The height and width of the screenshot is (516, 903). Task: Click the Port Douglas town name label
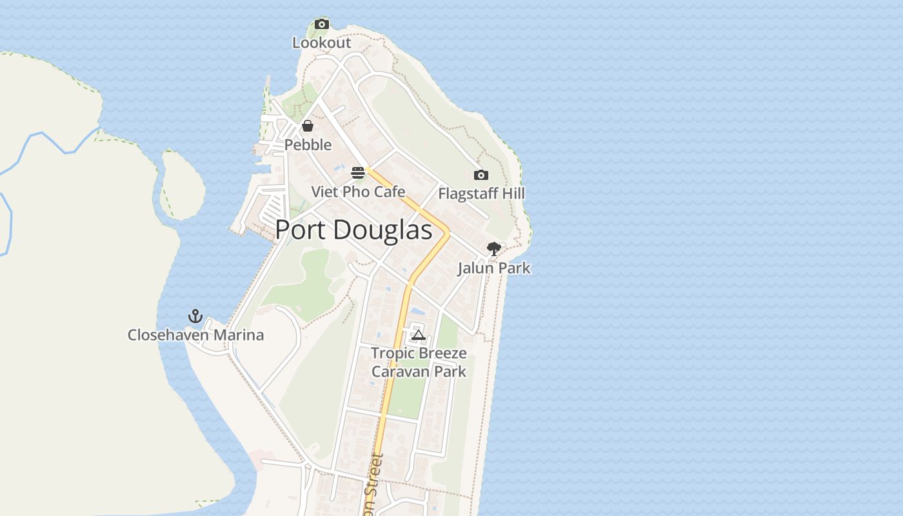(353, 230)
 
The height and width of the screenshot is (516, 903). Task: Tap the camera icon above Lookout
(321, 25)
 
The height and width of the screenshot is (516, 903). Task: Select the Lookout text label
(321, 43)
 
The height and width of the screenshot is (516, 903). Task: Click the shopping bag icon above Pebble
(308, 126)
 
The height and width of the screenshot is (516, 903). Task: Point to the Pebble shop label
(308, 144)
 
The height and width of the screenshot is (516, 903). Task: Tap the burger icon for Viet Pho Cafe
(358, 173)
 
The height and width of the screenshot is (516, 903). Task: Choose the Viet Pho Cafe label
(358, 192)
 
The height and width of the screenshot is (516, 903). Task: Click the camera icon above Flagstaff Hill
(481, 175)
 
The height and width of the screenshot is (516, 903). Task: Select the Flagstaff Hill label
(481, 193)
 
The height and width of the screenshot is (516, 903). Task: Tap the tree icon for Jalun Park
(493, 248)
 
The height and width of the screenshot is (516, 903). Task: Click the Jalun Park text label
(493, 268)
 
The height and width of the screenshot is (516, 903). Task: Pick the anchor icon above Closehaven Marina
(195, 316)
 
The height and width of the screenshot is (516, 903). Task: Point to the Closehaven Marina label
(195, 335)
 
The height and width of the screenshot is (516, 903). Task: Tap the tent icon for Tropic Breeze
(419, 335)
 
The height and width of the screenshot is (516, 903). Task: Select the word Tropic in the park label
(393, 353)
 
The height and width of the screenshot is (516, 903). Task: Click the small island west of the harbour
(182, 184)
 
